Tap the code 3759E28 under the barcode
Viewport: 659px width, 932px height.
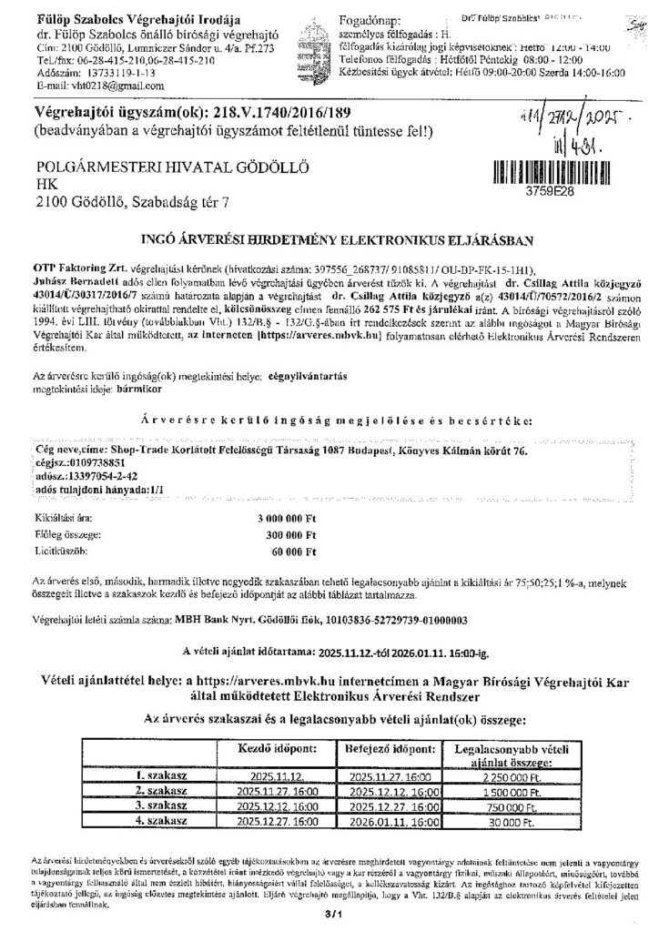(x=558, y=192)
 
